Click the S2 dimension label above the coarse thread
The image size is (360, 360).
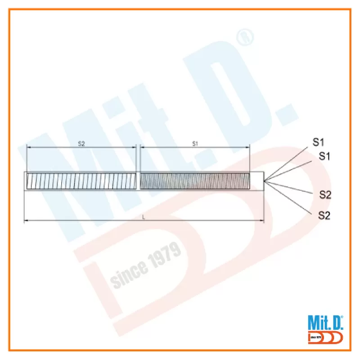point(81,144)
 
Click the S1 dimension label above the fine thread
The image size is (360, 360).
point(195,144)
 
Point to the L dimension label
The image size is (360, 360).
point(144,217)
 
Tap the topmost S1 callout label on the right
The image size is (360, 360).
point(318,142)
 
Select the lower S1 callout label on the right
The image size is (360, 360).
point(324,156)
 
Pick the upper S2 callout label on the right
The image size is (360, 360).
point(325,195)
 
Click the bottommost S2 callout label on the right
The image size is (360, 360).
point(324,216)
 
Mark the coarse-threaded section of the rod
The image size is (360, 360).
point(81,181)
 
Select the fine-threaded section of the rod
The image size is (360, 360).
point(195,181)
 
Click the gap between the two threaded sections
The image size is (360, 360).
point(138,181)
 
